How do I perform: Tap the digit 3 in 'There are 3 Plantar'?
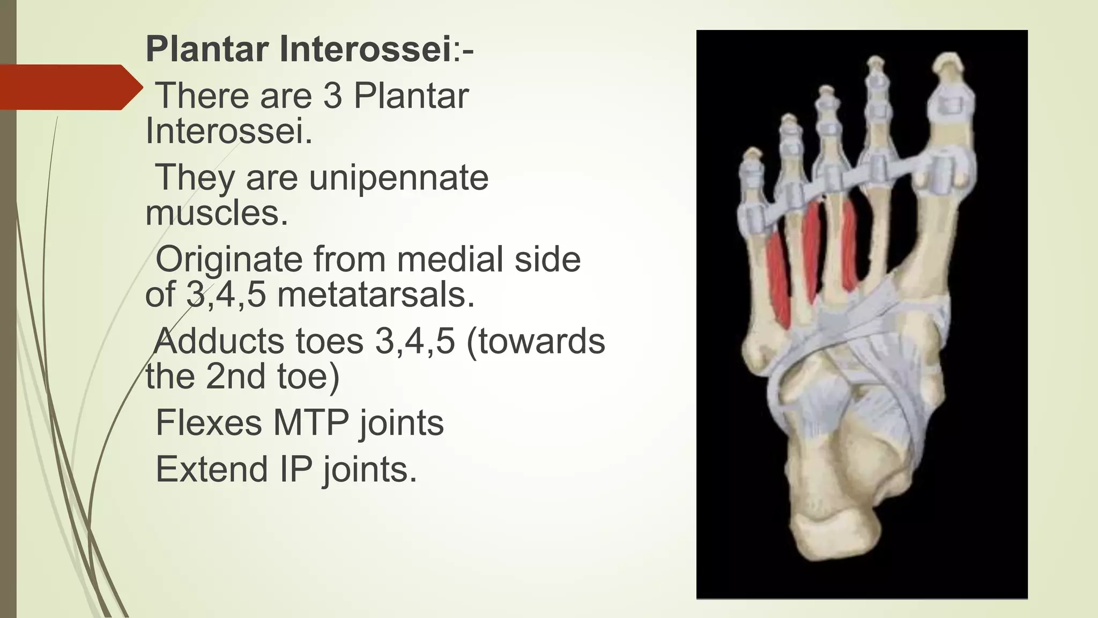[x=332, y=96]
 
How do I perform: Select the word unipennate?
[x=399, y=178]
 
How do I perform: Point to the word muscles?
[x=217, y=213]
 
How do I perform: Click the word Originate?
[x=228, y=260]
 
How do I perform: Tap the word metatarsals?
[x=376, y=295]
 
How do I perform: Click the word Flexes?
[x=209, y=423]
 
